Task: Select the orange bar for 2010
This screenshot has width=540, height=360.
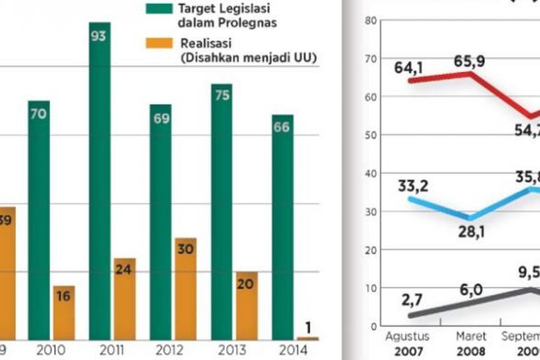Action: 64,312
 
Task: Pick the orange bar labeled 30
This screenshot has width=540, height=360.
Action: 186,288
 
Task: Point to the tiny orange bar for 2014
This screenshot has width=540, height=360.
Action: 308,338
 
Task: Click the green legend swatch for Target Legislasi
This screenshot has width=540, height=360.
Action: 158,9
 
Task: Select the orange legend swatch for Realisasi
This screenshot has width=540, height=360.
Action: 158,43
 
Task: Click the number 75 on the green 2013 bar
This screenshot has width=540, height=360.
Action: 221,96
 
